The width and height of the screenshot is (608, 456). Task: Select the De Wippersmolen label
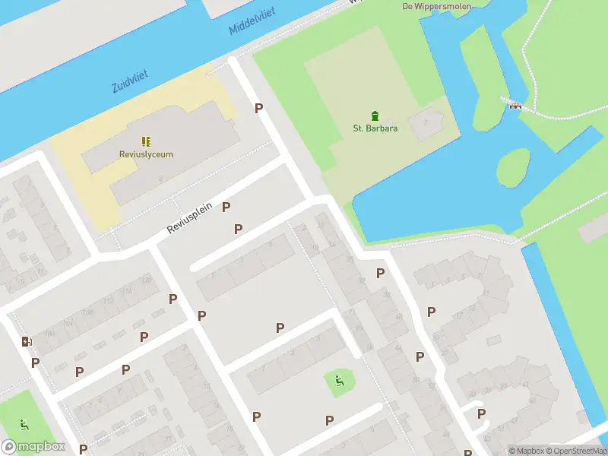pyautogui.click(x=436, y=6)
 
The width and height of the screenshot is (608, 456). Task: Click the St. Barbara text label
pyautogui.click(x=375, y=128)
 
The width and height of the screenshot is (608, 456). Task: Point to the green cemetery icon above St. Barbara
pyautogui.click(x=375, y=116)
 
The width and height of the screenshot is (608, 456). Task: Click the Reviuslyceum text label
pyautogui.click(x=146, y=154)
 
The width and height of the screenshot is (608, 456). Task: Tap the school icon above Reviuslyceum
pyautogui.click(x=146, y=141)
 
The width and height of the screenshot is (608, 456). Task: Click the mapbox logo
pyautogui.click(x=33, y=447)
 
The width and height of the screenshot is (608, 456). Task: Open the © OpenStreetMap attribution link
pyautogui.click(x=575, y=451)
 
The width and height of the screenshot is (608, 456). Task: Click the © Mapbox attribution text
pyautogui.click(x=526, y=451)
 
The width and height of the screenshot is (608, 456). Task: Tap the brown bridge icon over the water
pyautogui.click(x=516, y=105)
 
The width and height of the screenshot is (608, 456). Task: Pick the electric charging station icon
pyautogui.click(x=26, y=342)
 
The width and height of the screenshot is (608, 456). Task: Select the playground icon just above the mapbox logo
pyautogui.click(x=24, y=424)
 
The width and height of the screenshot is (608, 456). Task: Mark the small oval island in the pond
pyautogui.click(x=513, y=167)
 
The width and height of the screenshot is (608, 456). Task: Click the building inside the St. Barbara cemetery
pyautogui.click(x=425, y=122)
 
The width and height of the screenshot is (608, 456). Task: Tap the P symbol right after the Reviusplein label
pyautogui.click(x=226, y=207)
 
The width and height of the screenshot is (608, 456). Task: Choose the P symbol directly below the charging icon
pyautogui.click(x=35, y=363)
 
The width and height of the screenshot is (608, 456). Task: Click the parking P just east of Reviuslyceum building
pyautogui.click(x=258, y=109)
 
